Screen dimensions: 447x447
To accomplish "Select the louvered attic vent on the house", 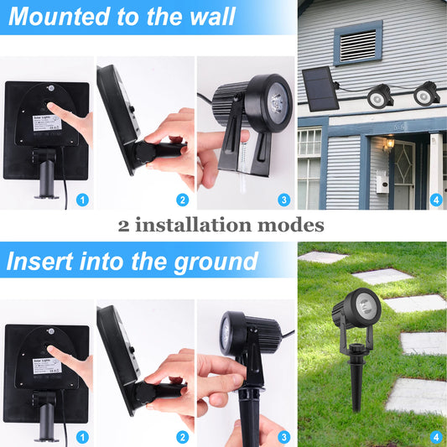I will pyautogui.click(x=357, y=42).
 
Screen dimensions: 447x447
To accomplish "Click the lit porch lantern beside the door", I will pyautogui.click(x=389, y=145).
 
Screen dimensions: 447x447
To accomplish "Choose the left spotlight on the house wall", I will pyautogui.click(x=380, y=96).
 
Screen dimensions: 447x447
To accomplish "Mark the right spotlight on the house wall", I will pyautogui.click(x=427, y=92).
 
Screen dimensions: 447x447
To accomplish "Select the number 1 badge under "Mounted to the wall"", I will pyautogui.click(x=81, y=200).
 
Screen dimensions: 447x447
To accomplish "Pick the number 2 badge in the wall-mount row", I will pyautogui.click(x=182, y=200).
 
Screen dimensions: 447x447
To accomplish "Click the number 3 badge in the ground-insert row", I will pyautogui.click(x=284, y=437).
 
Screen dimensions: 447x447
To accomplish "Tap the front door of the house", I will pyautogui.click(x=403, y=172).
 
